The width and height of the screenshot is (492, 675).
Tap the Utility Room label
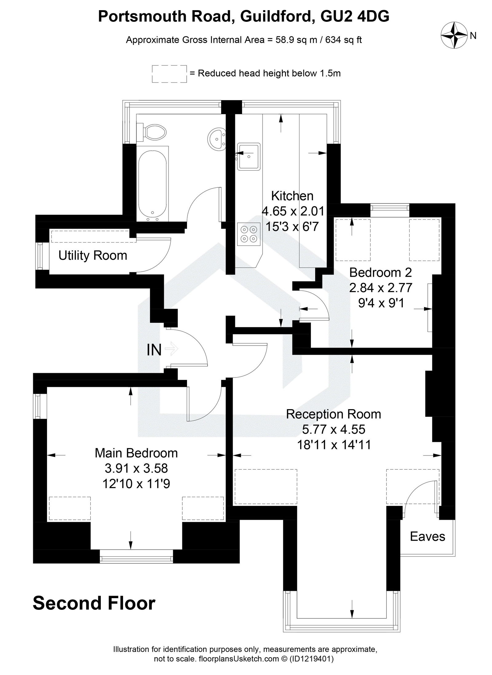(x=93, y=256)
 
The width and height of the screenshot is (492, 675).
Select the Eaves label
(x=427, y=537)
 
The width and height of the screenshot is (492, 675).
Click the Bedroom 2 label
(x=380, y=272)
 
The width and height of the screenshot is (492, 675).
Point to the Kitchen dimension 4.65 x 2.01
(x=293, y=211)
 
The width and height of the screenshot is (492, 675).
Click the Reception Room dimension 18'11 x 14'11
(x=334, y=445)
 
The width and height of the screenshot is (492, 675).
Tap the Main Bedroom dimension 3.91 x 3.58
(x=136, y=469)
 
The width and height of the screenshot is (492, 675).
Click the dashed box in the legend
(x=169, y=74)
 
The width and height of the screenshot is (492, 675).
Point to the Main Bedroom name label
(x=136, y=453)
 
